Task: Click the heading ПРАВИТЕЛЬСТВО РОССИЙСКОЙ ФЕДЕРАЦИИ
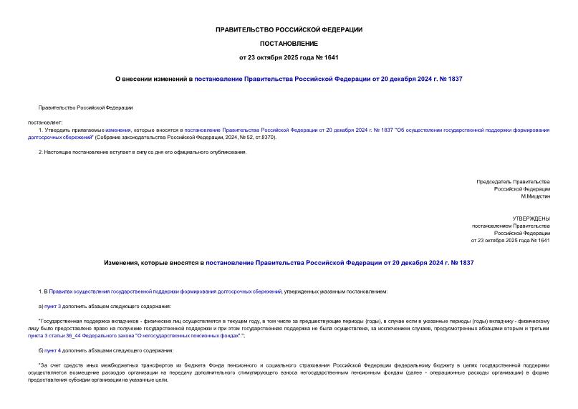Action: (x=289, y=29)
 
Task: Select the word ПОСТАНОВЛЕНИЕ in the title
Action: (x=289, y=43)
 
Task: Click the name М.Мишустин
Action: (x=535, y=196)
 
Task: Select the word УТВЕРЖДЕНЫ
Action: (x=531, y=218)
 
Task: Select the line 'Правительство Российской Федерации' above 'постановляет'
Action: (x=85, y=107)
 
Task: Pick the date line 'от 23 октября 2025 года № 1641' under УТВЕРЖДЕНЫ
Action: (x=510, y=241)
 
